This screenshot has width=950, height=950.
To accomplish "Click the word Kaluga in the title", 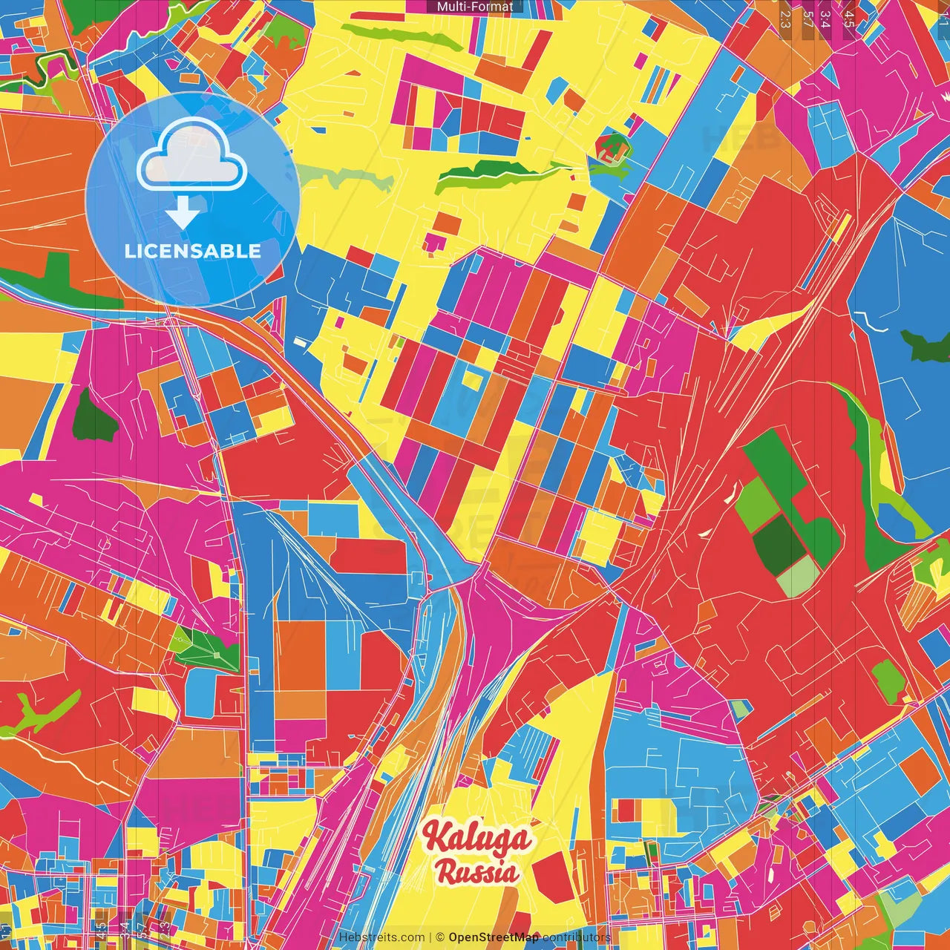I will (476, 839).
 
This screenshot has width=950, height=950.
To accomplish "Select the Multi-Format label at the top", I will (475, 7).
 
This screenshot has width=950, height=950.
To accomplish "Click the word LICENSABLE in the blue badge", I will (193, 251).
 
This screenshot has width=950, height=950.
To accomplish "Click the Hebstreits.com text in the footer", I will (381, 937).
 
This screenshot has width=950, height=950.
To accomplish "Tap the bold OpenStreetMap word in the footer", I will (493, 937).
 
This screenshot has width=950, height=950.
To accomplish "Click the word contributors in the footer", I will (576, 937).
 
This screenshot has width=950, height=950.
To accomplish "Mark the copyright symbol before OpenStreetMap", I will (439, 937).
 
